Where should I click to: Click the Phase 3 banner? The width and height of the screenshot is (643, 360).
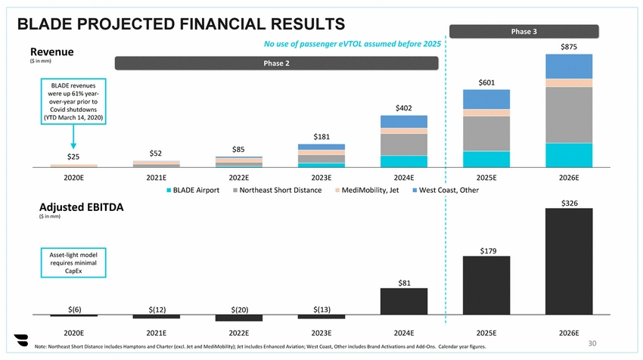pyautogui.click(x=524, y=32)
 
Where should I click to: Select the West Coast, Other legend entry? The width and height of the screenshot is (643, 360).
pyautogui.click(x=448, y=190)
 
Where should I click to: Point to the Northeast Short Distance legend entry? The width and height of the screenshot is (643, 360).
pyautogui.click(x=278, y=190)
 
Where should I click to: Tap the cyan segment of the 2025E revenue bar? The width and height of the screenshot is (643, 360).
pyautogui.click(x=486, y=160)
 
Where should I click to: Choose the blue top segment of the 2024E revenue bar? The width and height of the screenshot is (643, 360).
pyautogui.click(x=404, y=122)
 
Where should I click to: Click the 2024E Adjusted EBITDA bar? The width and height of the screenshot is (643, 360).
pyautogui.click(x=404, y=302)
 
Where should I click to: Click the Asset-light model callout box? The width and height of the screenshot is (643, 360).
pyautogui.click(x=73, y=264)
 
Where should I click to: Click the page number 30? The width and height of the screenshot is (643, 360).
pyautogui.click(x=592, y=343)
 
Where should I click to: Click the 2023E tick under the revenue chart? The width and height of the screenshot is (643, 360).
pyautogui.click(x=321, y=178)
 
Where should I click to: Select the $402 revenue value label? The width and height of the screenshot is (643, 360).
pyautogui.click(x=404, y=109)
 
